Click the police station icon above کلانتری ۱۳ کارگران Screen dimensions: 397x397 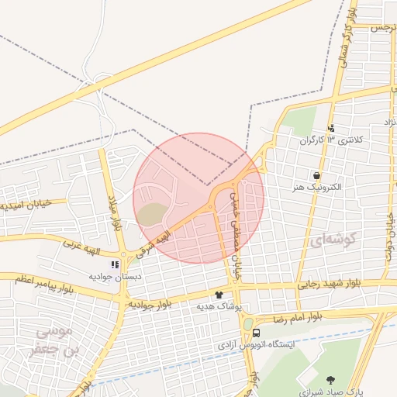coord(332,128)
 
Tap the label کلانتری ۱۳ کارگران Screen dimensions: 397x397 coord(332,140)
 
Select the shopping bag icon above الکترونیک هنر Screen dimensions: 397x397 coord(316,175)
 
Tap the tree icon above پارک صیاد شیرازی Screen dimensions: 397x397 coord(332,380)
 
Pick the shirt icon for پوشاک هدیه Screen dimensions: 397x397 coord(219,295)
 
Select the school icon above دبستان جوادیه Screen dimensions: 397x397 coord(115,264)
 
